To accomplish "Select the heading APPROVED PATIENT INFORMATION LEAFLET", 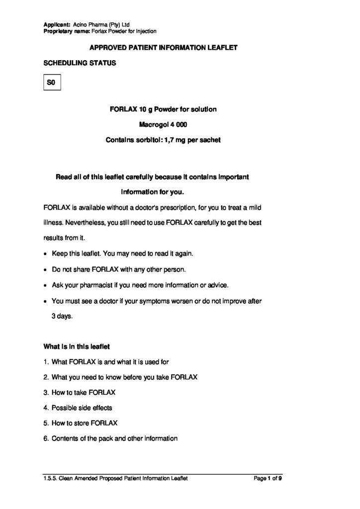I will (x=163, y=48).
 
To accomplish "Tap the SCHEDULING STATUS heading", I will (x=80, y=63).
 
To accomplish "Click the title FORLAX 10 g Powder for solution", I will (x=163, y=109).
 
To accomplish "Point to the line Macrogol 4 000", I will (x=163, y=124).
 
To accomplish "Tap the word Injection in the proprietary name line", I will (x=144, y=31).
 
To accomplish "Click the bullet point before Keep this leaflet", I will (x=46, y=254).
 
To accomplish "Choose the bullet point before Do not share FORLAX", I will (x=46, y=269).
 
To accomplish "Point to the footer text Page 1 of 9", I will (x=268, y=478).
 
